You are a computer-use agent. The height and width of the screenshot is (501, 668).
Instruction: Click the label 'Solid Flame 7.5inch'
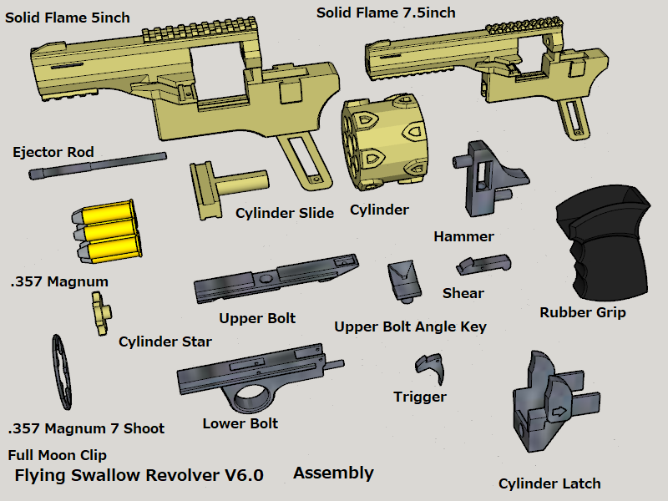point(385,13)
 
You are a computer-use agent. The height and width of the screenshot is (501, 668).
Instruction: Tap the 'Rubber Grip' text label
point(582,313)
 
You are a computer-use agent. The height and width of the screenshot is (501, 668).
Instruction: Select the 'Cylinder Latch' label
point(549,483)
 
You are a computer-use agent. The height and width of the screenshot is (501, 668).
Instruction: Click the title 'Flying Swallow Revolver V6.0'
point(139,476)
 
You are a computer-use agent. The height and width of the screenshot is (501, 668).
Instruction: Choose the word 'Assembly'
point(333,473)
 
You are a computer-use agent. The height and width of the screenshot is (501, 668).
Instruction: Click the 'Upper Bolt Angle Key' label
point(410,326)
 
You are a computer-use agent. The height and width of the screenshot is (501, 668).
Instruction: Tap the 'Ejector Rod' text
point(53,152)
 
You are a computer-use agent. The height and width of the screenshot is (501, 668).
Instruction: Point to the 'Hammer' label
point(463,236)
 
